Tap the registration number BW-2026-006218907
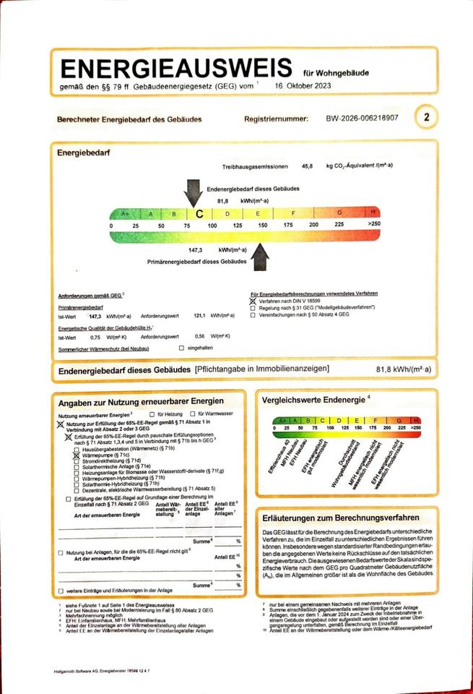click(x=362, y=118)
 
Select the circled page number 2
click(x=427, y=117)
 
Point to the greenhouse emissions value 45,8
click(x=308, y=166)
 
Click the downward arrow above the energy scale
click(x=194, y=192)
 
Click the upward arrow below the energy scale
click(x=257, y=254)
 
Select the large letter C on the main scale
click(x=199, y=214)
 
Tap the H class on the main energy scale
click(x=373, y=213)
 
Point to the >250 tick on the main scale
click(x=373, y=226)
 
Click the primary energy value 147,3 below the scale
click(x=194, y=249)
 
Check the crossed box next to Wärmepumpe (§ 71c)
click(x=77, y=455)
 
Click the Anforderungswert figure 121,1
click(x=201, y=315)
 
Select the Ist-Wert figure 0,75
click(x=95, y=336)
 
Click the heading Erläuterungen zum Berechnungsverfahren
click(x=341, y=518)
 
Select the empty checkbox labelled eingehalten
click(x=181, y=348)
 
